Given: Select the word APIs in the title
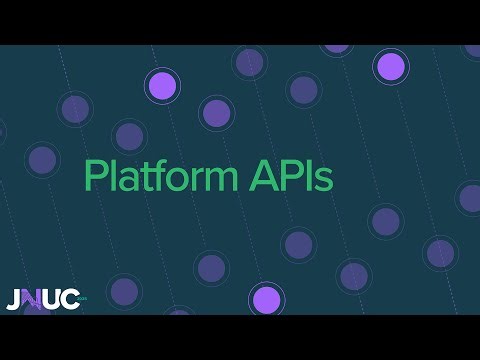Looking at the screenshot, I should (x=288, y=177).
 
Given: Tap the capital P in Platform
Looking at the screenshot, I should (x=95, y=176).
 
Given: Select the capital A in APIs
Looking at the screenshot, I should (x=258, y=176).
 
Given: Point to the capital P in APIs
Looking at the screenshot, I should (x=283, y=176).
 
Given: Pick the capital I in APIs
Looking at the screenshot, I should (x=301, y=176).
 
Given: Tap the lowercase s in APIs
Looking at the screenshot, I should (x=319, y=180).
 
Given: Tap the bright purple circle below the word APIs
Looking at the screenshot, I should (x=265, y=299).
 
